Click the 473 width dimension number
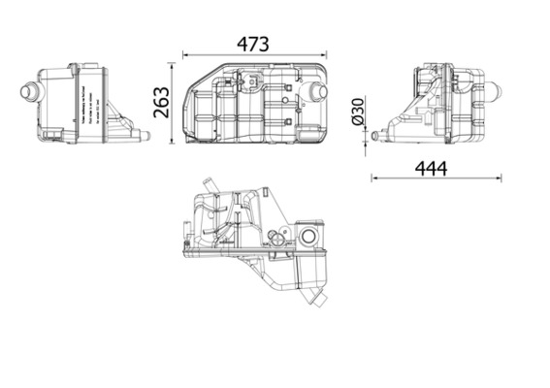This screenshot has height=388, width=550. click(x=254, y=44)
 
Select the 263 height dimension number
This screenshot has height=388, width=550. click(x=162, y=102)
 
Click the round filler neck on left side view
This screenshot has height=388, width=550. click(x=26, y=93)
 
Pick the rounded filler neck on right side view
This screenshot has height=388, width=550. click(x=492, y=94)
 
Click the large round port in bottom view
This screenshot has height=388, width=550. click(x=310, y=238)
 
